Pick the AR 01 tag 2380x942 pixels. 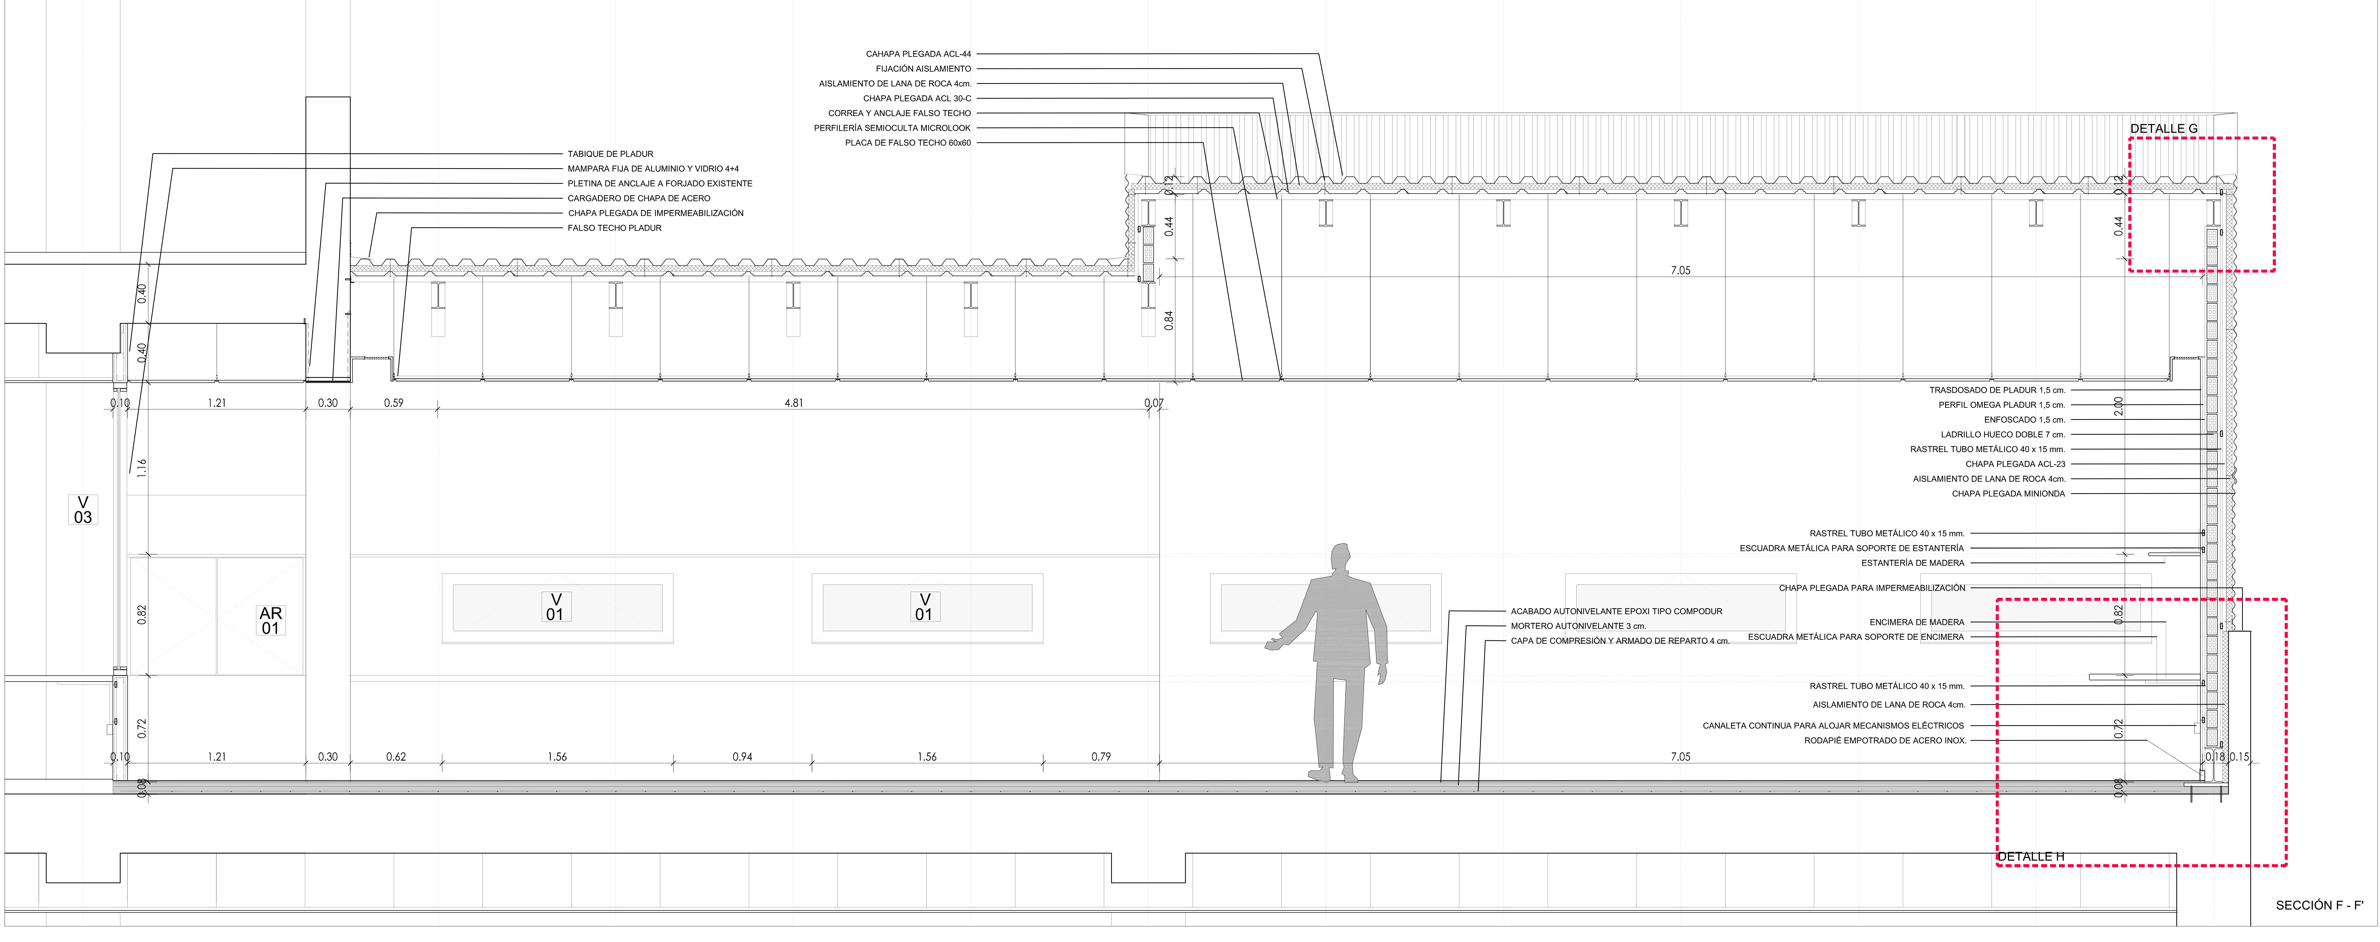point(270,620)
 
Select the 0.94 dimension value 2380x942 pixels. point(742,757)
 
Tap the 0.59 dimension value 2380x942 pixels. point(394,403)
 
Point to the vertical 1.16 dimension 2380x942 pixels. point(141,468)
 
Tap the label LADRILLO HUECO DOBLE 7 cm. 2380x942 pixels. point(2002,434)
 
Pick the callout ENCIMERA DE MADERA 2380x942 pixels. point(1916,622)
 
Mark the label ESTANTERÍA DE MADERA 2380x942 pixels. point(1912,563)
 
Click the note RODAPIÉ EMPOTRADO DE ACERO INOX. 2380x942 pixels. point(1885,740)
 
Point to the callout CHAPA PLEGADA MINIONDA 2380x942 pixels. point(2008,494)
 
